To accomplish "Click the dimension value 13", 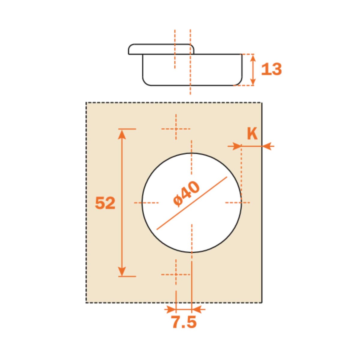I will pos(271,69).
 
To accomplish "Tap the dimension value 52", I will pos(105,203).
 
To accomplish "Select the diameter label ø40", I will pos(187,194).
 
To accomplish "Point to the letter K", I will pos(252,134).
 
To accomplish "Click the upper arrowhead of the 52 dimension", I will pos(121,134).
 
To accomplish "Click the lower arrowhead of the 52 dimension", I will pos(121,271).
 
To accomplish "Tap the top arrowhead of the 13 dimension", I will pos(253,58).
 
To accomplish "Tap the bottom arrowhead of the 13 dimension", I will pos(253,81).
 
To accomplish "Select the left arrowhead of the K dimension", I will pos(237,146).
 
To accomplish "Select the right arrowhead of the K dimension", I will pos(267,146).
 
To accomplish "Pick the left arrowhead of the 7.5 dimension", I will pos(171,309).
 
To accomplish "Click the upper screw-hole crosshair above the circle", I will pos(176,129).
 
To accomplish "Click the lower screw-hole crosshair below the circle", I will pos(176,274).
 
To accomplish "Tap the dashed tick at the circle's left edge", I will pos(146,203).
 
